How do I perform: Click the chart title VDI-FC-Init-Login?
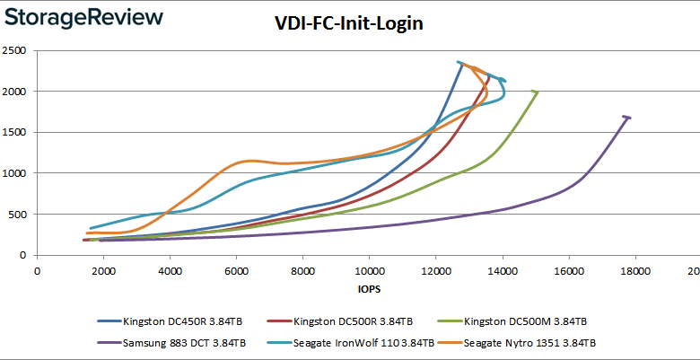click(348, 24)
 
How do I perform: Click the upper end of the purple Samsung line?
click(627, 117)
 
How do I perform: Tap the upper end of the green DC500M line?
click(536, 92)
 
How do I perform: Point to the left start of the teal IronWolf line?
click(91, 228)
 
